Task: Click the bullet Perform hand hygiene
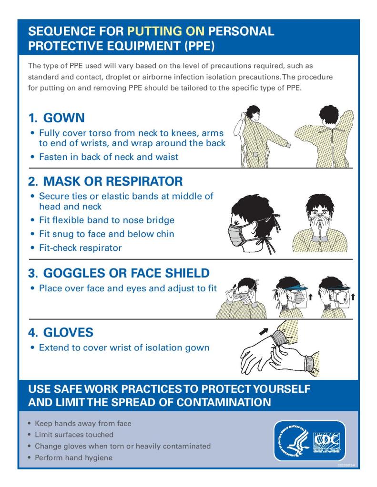pyautogui.click(x=73, y=457)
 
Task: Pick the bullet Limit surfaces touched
pyautogui.click(x=74, y=435)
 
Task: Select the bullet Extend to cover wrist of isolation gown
pyautogui.click(x=124, y=348)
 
